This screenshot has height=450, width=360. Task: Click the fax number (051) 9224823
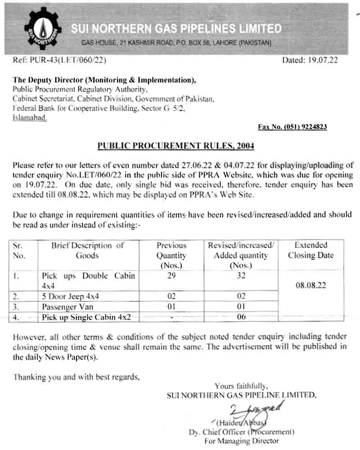point(292,127)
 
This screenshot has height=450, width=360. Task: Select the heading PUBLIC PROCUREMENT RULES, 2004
point(176,146)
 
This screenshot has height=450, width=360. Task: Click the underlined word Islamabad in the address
point(29,118)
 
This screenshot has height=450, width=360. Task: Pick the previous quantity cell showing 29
point(171,276)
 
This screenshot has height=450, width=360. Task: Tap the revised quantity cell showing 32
point(241,276)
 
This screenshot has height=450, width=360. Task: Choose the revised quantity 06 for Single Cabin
point(241,317)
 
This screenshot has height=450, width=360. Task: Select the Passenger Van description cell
point(67,307)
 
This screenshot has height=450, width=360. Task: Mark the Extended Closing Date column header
point(310,250)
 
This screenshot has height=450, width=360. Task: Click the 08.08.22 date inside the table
point(310,286)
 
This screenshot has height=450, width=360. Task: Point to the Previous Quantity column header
point(171,255)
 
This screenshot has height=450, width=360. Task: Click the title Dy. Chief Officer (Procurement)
point(242,432)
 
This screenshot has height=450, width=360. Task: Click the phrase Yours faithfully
point(241,386)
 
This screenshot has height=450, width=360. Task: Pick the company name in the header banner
point(176,29)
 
